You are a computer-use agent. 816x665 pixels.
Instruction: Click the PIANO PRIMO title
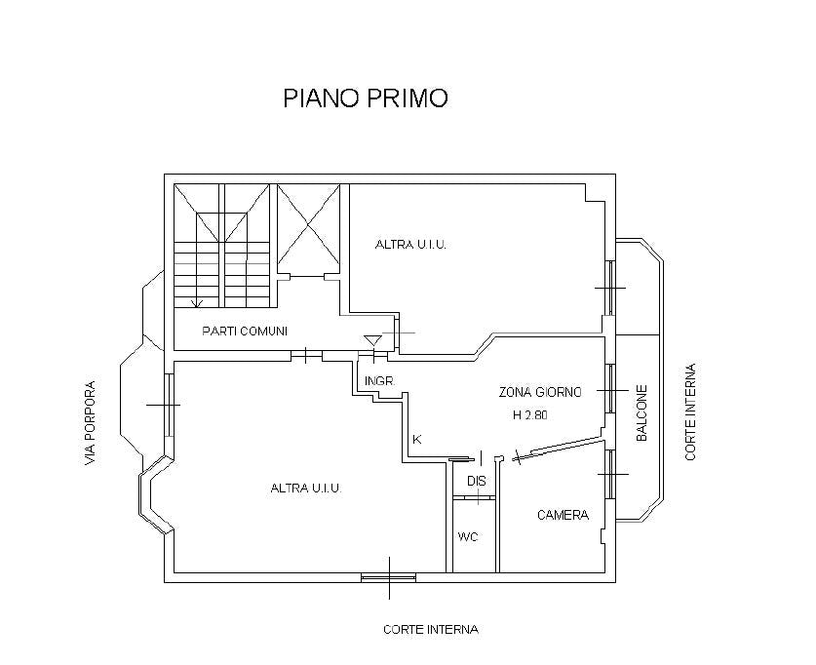(365, 98)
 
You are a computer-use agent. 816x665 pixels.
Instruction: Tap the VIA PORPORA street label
(91, 421)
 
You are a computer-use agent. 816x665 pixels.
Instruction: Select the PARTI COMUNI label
(245, 332)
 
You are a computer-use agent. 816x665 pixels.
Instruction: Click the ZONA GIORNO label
(540, 392)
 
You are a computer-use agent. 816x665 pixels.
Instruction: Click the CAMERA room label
(563, 515)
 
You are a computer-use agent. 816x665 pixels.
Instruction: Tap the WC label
(468, 537)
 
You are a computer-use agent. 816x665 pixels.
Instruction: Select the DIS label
(476, 482)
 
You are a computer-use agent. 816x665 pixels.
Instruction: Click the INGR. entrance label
(378, 381)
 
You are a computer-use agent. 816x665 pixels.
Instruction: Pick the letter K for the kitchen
(416, 439)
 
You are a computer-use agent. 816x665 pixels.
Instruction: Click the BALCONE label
(642, 414)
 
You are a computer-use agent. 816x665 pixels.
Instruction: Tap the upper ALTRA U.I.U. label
(410, 245)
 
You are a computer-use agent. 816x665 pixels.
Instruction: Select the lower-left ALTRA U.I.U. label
(305, 489)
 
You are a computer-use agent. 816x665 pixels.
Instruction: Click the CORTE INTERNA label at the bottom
(430, 630)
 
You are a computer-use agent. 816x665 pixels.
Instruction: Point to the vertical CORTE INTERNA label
(690, 412)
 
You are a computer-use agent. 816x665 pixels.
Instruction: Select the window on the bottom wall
(388, 578)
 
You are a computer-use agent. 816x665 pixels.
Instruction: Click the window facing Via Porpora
(170, 404)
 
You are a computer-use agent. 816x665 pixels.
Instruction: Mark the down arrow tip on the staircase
(197, 304)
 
